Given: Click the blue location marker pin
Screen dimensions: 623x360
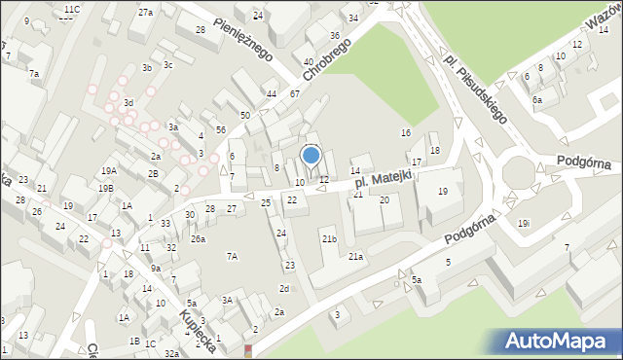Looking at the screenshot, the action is coord(311,155).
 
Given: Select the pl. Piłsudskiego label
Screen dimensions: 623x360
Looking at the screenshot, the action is coord(474,85).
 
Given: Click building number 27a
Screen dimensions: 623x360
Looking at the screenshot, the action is coord(145,12).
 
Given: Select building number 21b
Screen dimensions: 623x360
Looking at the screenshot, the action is coord(329,238).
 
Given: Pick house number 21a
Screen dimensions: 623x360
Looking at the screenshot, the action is coord(356,257).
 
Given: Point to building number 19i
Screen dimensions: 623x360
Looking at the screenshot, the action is coord(524,224).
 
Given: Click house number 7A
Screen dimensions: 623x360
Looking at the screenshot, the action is coord(232,256).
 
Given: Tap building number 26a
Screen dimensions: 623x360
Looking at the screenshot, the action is coord(198,238).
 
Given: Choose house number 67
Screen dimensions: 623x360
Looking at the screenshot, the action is coord(294,93).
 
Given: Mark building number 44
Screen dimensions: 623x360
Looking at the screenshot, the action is coord(271,94).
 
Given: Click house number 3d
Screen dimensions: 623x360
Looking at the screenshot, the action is coord(128,102).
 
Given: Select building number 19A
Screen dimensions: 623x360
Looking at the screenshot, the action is coord(107,170).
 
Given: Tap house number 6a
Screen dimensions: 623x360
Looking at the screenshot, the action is coord(537,99).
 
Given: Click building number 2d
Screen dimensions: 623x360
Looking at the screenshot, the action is coord(284,288).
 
